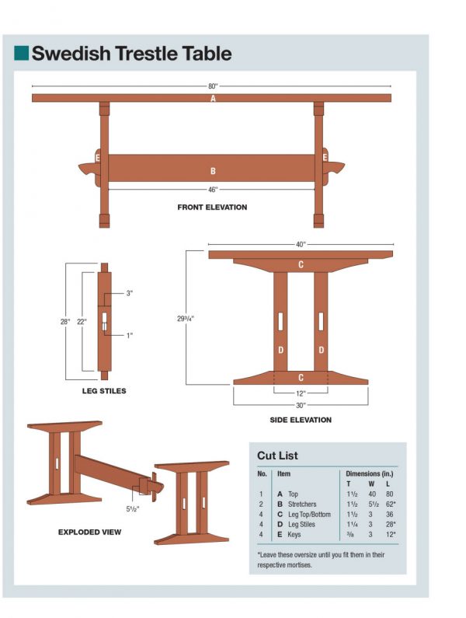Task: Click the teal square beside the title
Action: [x=21, y=53]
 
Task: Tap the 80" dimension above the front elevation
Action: [x=212, y=86]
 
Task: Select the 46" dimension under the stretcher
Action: [x=212, y=189]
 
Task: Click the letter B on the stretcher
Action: [x=213, y=171]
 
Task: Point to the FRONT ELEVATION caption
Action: [x=212, y=208]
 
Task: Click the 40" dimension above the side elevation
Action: [x=301, y=244]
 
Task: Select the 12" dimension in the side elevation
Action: [x=301, y=393]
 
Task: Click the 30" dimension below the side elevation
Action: [x=301, y=405]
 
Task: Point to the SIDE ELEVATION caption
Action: [x=301, y=421]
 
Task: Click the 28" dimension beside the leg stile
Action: [x=65, y=321]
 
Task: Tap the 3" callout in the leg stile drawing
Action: [x=130, y=294]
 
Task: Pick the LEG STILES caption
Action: [x=103, y=391]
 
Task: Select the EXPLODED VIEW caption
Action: [x=89, y=532]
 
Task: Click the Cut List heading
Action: [x=277, y=456]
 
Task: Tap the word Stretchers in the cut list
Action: [x=302, y=505]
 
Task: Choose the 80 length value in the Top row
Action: [x=389, y=494]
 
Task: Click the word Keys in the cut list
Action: [x=295, y=535]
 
